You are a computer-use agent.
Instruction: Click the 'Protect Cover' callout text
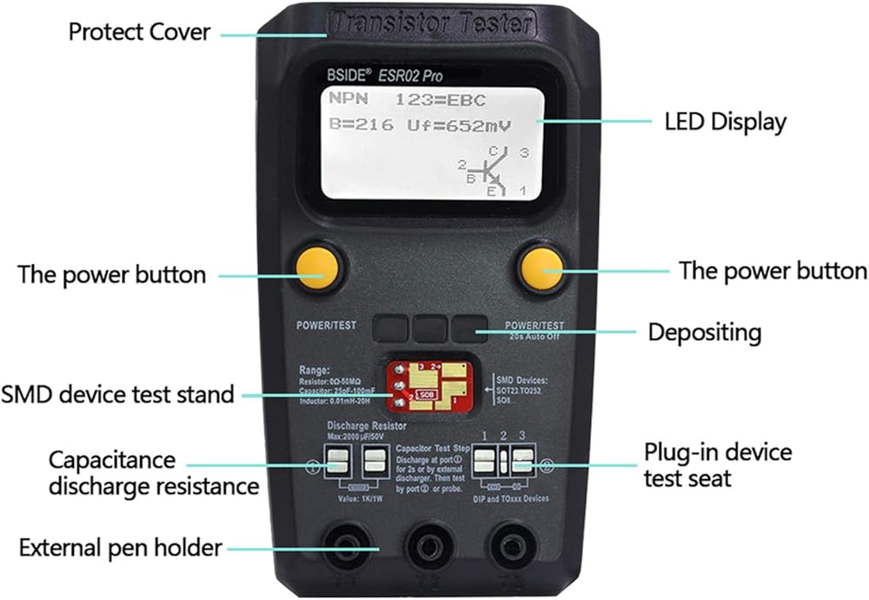tap(140, 32)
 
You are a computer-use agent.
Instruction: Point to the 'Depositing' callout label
tap(705, 331)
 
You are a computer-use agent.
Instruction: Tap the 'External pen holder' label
tap(121, 547)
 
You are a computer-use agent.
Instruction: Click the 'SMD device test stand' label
tap(118, 394)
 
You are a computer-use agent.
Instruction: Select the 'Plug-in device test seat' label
tap(718, 465)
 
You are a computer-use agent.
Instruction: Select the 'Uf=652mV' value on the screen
tap(459, 125)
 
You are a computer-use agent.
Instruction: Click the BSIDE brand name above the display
tap(351, 76)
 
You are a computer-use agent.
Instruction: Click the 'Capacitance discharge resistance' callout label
tap(153, 472)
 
